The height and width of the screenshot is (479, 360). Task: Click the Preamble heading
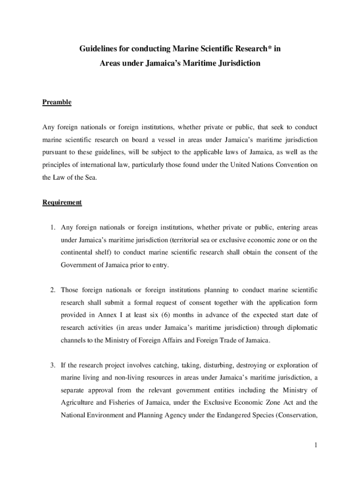coord(57,102)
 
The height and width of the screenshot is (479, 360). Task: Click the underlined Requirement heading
coord(62,203)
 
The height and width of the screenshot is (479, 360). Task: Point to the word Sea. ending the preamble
coord(89,178)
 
